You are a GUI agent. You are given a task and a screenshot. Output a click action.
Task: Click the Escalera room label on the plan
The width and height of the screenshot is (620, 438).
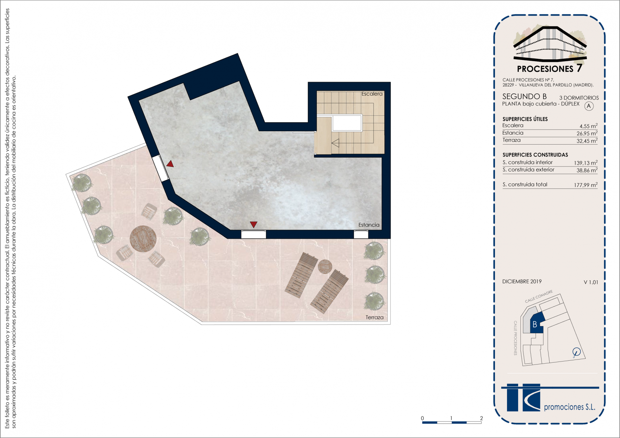(372, 94)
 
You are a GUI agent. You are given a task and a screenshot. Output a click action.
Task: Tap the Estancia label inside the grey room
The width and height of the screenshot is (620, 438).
(369, 225)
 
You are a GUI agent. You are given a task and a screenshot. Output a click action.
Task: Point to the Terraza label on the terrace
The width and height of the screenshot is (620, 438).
(375, 317)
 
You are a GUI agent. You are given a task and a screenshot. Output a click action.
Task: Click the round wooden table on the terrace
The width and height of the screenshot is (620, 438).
(143, 239)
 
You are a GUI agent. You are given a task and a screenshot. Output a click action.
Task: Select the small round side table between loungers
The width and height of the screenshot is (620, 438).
(325, 266)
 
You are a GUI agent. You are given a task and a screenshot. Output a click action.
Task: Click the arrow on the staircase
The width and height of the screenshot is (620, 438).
(335, 143)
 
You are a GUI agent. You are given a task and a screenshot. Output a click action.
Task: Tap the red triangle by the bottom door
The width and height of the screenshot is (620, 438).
(253, 225)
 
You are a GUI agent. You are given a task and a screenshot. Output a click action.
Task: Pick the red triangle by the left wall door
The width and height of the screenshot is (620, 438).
(170, 164)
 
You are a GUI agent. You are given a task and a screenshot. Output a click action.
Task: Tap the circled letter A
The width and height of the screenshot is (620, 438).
(589, 106)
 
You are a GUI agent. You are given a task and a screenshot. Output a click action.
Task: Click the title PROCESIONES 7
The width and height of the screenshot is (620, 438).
(549, 68)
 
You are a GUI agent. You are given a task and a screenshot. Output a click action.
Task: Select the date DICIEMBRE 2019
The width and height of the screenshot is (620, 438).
(522, 281)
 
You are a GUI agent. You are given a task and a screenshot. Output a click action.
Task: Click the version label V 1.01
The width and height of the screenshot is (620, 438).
(591, 282)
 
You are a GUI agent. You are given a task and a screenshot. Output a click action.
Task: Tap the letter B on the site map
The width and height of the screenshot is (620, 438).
(535, 324)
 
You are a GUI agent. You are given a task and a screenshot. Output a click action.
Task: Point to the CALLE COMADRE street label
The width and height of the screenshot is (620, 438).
(538, 296)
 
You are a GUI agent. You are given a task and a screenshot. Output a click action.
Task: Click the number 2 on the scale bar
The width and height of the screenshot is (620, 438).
(482, 418)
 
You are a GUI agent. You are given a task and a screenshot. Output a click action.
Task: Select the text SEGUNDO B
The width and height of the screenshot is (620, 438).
(525, 96)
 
